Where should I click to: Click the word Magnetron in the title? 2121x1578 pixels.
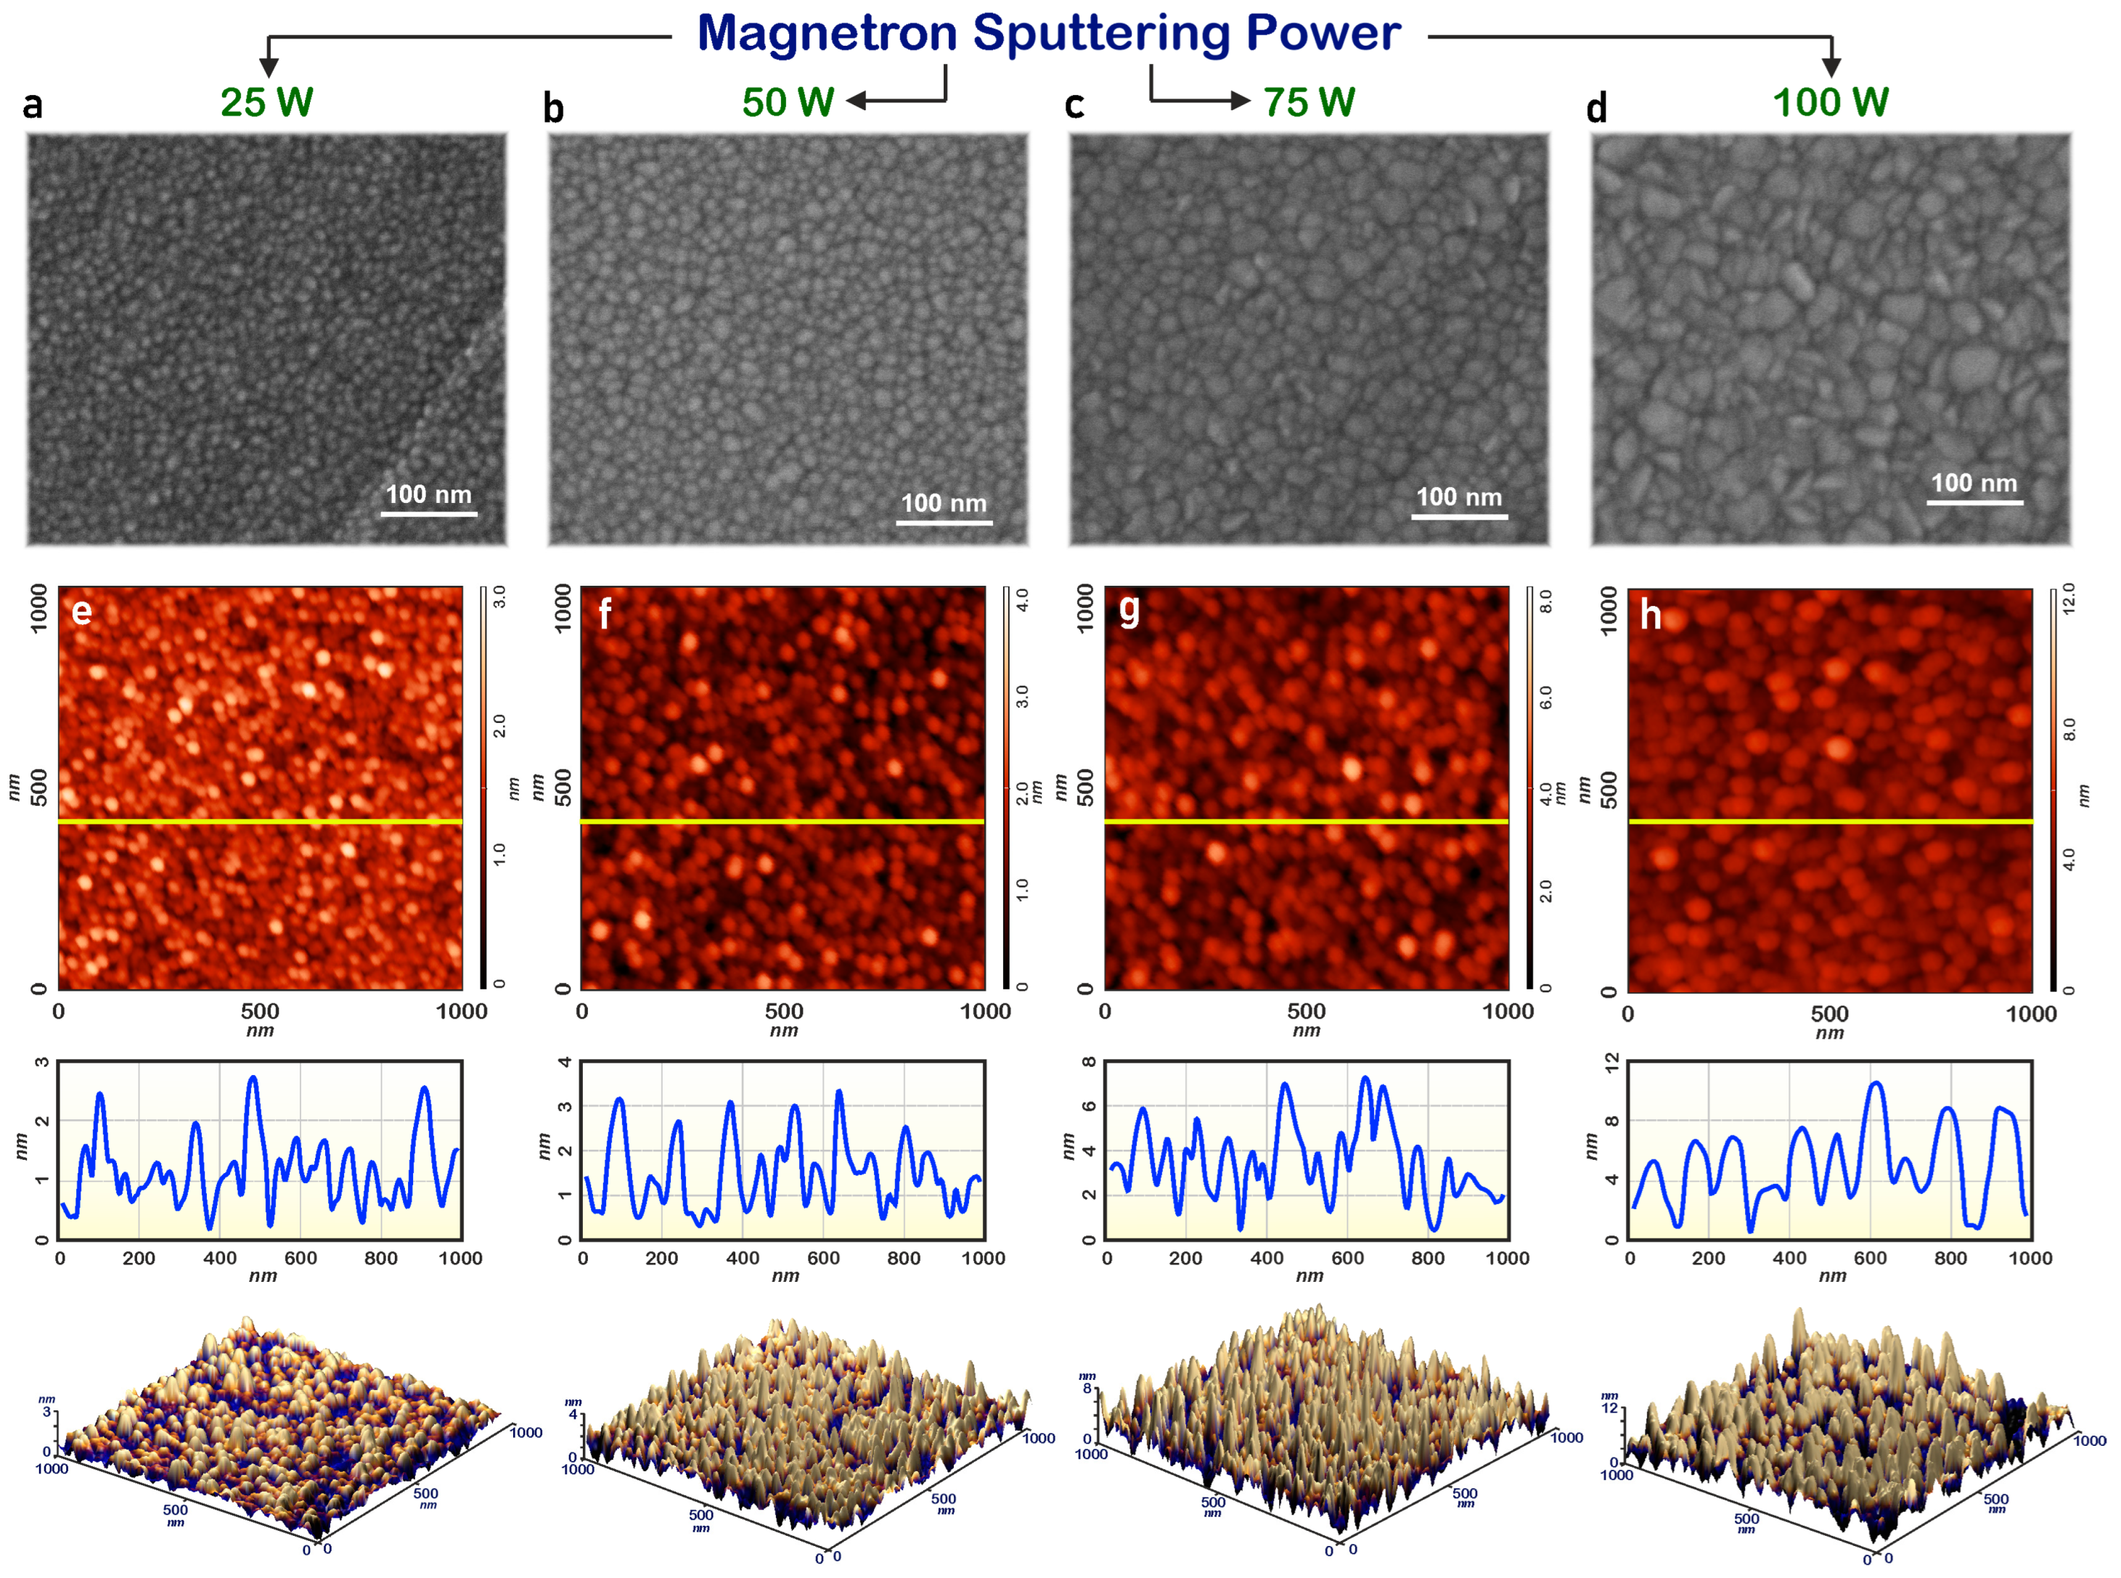pyautogui.click(x=827, y=33)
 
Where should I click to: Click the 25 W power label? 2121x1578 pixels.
pyautogui.click(x=266, y=102)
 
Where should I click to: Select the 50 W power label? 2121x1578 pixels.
pyautogui.click(x=788, y=102)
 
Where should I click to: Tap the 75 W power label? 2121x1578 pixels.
pyautogui.click(x=1309, y=102)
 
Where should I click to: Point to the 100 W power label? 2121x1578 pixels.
pyautogui.click(x=1830, y=102)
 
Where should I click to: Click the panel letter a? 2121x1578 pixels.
pyautogui.click(x=33, y=105)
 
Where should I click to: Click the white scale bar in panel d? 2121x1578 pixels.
pyautogui.click(x=1973, y=502)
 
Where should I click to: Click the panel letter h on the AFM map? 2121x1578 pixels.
pyautogui.click(x=1650, y=615)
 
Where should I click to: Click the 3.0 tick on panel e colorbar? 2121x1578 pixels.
pyautogui.click(x=499, y=598)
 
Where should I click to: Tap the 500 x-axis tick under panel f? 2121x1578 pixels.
pyautogui.click(x=783, y=1010)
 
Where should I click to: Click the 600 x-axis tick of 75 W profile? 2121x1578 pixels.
pyautogui.click(x=1346, y=1258)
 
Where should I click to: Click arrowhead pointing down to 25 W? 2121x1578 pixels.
pyautogui.click(x=269, y=67)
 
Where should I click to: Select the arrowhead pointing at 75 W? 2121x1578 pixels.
pyautogui.click(x=1241, y=100)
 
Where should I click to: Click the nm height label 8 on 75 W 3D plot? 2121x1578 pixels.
pyautogui.click(x=1087, y=1388)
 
